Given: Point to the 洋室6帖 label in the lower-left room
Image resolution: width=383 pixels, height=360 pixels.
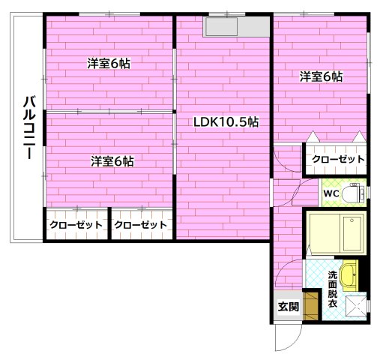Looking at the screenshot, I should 112,160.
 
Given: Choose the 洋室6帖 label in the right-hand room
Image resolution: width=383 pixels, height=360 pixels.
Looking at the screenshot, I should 322,76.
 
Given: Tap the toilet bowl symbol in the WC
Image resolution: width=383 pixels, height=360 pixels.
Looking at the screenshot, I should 354,193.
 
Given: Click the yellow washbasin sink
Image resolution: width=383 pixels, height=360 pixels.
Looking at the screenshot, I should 349,274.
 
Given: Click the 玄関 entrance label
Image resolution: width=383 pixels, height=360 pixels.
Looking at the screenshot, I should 289,306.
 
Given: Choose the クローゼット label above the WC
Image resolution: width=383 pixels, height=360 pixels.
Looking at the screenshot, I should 338,159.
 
